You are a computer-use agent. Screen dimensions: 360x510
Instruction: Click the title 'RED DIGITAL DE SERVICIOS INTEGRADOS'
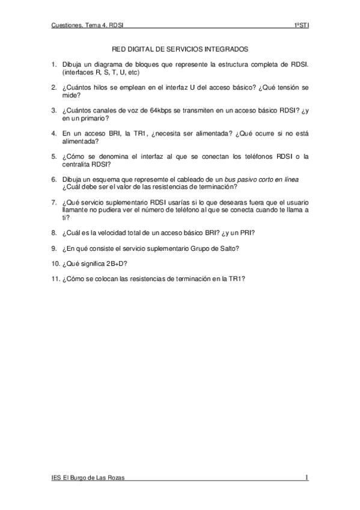coord(180,51)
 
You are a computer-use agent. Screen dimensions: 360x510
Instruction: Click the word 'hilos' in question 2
coord(105,88)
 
